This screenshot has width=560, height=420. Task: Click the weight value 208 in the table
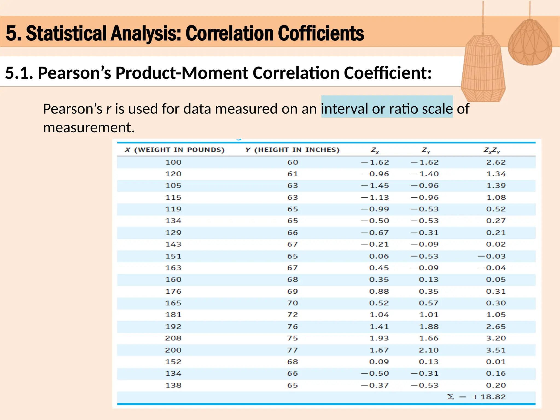[x=173, y=338]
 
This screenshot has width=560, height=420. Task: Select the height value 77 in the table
[x=292, y=350]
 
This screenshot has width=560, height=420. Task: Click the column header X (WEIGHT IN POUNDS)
[x=174, y=150]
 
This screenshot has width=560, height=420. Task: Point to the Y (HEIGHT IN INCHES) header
[x=292, y=150]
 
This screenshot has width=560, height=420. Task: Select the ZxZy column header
[x=491, y=150]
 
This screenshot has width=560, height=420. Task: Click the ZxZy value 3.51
[x=496, y=350]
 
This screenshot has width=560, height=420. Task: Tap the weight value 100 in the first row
[x=173, y=162]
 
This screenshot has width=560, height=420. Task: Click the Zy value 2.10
[x=428, y=350]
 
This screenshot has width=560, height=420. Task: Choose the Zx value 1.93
[x=379, y=338]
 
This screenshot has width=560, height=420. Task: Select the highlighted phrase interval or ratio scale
[x=387, y=109]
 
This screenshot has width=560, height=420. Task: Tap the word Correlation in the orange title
[x=230, y=33]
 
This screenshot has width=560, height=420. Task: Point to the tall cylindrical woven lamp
[x=483, y=70]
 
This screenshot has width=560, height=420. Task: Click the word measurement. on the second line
[x=89, y=127]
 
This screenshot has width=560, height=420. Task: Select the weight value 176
[x=173, y=291]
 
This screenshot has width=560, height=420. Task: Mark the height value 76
[x=292, y=326]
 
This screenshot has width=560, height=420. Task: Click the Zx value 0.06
[x=379, y=256]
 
